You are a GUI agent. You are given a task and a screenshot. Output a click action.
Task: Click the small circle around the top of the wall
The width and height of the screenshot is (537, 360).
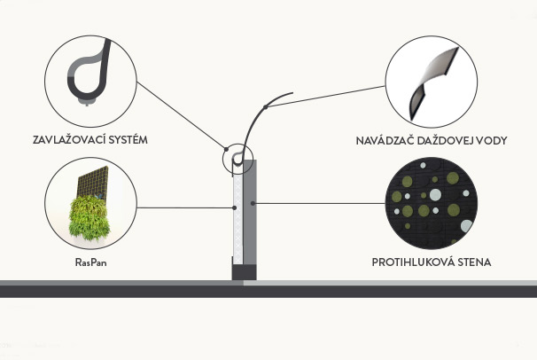tap(237, 160)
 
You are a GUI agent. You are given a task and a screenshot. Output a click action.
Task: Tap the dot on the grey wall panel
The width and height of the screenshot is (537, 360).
tap(253, 204)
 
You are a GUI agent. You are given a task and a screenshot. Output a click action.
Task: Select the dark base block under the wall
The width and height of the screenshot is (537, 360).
tap(244, 272)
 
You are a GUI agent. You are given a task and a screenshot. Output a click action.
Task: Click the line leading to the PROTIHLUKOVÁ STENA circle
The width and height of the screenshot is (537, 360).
tap(319, 204)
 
